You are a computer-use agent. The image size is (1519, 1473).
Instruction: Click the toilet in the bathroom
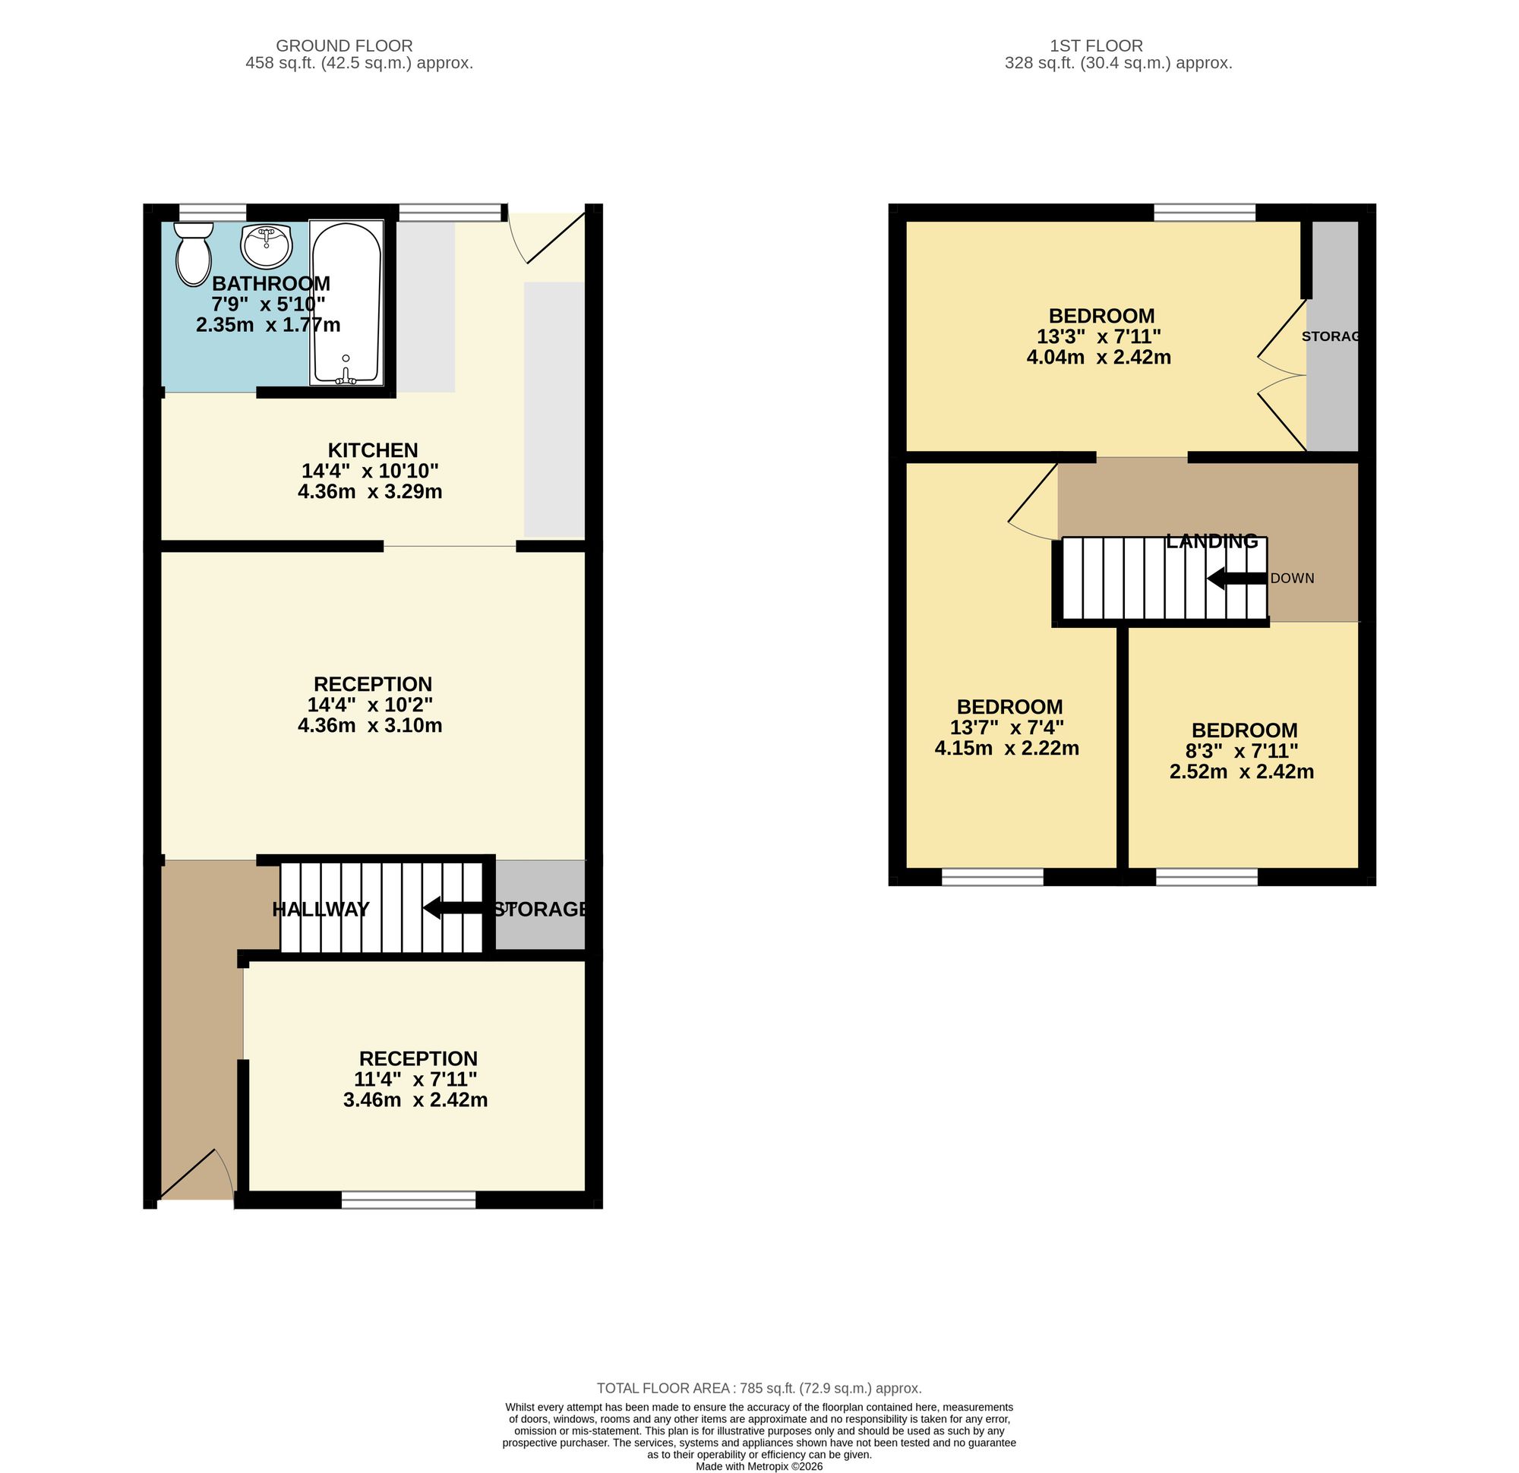194,254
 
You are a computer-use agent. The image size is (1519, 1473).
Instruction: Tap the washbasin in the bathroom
267,246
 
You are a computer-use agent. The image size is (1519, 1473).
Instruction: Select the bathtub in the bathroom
346,303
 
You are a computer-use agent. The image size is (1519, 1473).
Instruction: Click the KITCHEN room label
373,450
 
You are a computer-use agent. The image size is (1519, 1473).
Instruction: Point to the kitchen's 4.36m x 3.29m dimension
370,491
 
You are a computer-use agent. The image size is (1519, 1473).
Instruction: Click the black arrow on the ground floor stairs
453,907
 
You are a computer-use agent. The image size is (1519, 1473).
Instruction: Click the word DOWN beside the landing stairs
1293,579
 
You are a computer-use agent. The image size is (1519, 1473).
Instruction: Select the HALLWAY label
321,909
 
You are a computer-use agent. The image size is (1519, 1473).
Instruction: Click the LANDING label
1212,541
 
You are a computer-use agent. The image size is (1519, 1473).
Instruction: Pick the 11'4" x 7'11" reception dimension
415,1080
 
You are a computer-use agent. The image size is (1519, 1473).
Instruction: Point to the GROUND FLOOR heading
344,46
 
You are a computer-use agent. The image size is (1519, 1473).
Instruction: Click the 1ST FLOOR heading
1097,46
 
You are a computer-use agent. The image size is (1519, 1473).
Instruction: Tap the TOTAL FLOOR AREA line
759,1389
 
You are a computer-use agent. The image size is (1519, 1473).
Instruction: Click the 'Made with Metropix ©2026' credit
759,1466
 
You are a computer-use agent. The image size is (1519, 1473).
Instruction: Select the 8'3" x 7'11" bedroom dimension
1242,751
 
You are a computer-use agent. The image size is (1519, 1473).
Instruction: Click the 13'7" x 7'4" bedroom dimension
1007,727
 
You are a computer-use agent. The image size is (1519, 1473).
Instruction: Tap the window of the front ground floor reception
409,1200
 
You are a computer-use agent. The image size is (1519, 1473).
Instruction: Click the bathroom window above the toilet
213,212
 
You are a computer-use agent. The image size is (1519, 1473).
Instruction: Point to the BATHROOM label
271,284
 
